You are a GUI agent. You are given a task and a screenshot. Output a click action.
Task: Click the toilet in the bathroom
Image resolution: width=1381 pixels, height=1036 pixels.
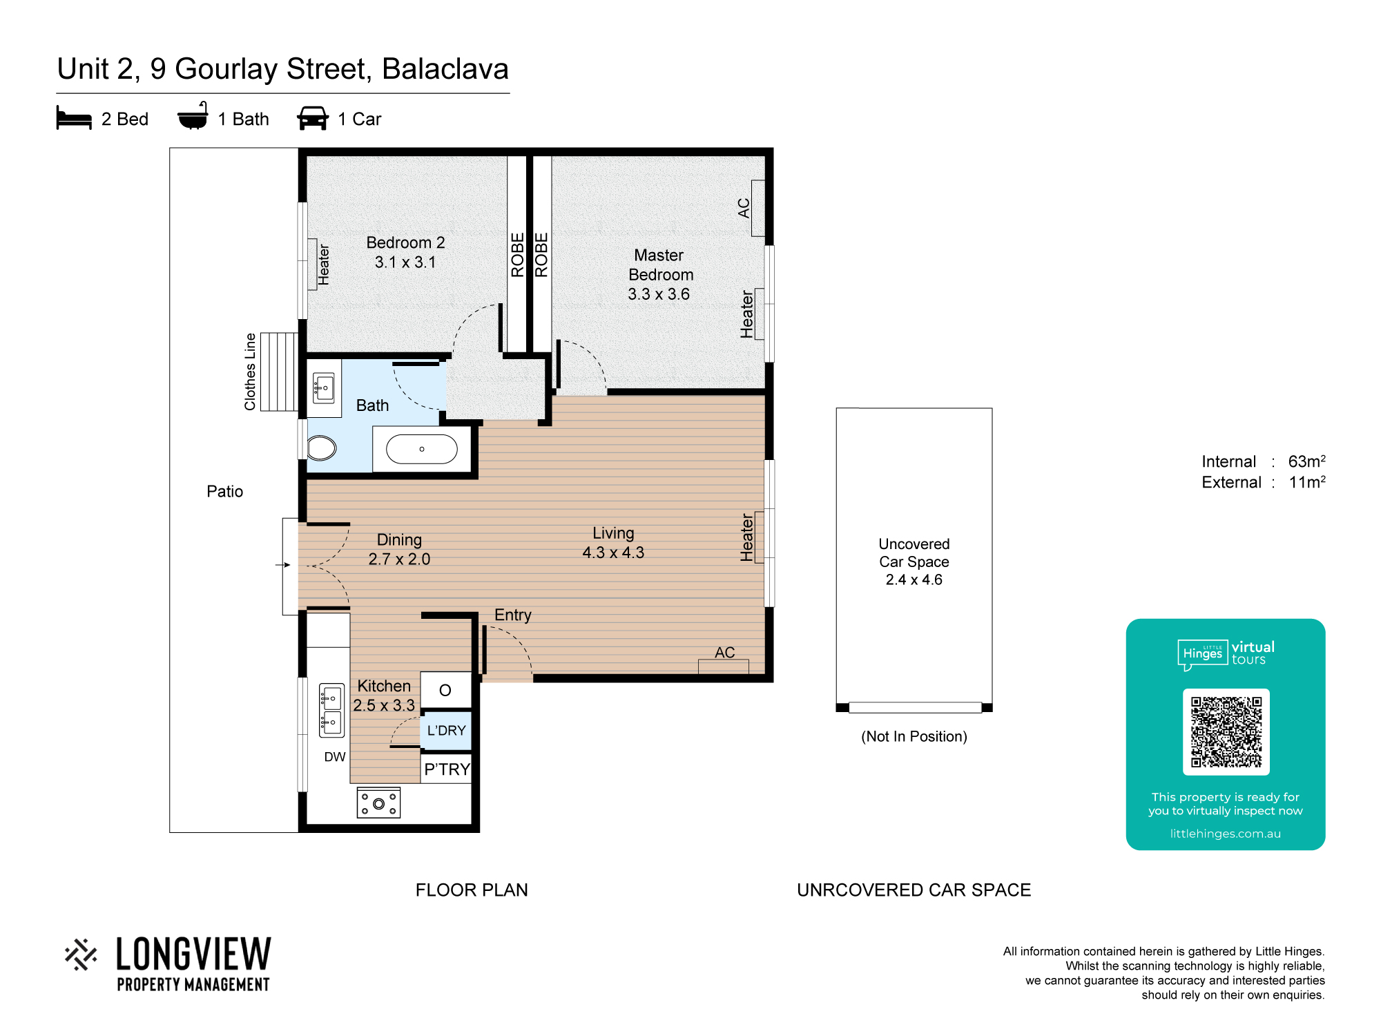[x=321, y=448]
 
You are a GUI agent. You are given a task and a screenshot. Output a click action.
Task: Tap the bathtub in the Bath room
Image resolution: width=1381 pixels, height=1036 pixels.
[x=422, y=450]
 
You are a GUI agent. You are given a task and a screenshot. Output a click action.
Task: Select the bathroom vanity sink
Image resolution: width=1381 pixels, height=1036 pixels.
[x=323, y=388]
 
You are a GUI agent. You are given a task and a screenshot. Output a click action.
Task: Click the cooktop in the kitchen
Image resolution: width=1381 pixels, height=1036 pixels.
[x=378, y=803]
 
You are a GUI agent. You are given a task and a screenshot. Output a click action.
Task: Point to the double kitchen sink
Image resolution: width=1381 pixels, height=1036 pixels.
[x=331, y=710]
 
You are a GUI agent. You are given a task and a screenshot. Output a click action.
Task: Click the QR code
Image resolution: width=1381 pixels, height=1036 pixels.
[x=1226, y=732]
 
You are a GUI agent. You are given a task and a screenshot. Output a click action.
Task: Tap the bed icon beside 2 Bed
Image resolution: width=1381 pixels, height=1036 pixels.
[x=74, y=118]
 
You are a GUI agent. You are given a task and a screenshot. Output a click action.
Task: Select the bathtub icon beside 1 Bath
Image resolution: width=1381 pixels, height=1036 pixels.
[x=193, y=116]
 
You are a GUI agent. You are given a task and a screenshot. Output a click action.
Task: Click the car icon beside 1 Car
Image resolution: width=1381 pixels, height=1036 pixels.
[x=313, y=118]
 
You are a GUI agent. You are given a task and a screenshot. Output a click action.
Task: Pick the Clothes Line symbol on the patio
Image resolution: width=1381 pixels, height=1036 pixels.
[x=279, y=372]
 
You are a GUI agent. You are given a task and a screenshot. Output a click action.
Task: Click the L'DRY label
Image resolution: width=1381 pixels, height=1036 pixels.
[x=446, y=731]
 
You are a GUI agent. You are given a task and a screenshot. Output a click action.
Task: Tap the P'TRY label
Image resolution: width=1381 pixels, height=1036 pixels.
[x=447, y=769]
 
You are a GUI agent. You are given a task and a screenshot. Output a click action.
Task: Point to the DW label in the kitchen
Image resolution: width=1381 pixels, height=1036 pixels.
[x=335, y=757]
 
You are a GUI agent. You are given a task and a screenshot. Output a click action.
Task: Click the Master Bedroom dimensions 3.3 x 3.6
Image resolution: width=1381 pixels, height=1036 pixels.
[x=659, y=294]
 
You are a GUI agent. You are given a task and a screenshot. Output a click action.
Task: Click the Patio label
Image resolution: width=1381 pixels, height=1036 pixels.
[x=225, y=491]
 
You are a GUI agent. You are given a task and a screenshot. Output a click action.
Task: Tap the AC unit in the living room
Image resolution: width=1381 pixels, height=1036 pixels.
[x=724, y=666]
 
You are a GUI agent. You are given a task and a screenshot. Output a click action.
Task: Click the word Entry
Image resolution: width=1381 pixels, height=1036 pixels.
[x=513, y=615]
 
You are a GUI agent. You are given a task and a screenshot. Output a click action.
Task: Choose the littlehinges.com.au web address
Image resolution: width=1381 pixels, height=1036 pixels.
[x=1226, y=834]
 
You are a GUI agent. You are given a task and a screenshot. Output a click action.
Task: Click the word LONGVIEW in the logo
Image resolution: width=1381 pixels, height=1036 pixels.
[x=194, y=955]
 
